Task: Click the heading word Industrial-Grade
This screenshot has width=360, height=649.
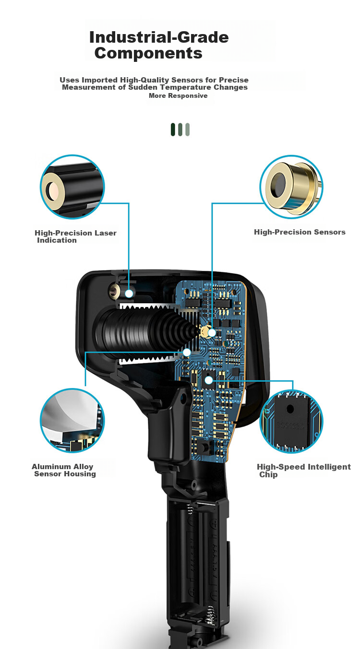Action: pyautogui.click(x=159, y=38)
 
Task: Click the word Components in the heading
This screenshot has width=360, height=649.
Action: pyautogui.click(x=148, y=53)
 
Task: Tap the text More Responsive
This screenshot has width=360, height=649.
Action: pyautogui.click(x=178, y=95)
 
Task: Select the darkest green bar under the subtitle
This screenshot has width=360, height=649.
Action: pyautogui.click(x=173, y=130)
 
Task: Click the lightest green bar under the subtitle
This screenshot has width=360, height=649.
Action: pyautogui.click(x=188, y=130)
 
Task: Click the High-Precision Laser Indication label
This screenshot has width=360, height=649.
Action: pyautogui.click(x=75, y=236)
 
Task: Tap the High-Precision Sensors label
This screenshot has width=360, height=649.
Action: pyautogui.click(x=300, y=232)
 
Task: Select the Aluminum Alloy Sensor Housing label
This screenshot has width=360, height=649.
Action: pyautogui.click(x=64, y=470)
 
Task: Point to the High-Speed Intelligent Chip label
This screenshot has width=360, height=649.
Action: pyautogui.click(x=304, y=471)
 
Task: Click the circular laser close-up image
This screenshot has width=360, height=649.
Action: pyautogui.click(x=72, y=187)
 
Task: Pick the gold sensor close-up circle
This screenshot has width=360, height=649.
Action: pyautogui.click(x=291, y=187)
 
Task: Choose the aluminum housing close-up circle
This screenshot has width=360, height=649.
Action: pyautogui.click(x=72, y=420)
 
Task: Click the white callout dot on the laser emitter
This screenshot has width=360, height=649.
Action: pyautogui.click(x=129, y=294)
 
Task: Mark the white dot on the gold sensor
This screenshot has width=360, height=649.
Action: pyautogui.click(x=212, y=333)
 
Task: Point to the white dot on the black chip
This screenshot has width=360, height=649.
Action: pyautogui.click(x=209, y=380)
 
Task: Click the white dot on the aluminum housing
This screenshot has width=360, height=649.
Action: pyautogui.click(x=187, y=352)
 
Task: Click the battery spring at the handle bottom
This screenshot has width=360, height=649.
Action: pyautogui.click(x=209, y=618)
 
